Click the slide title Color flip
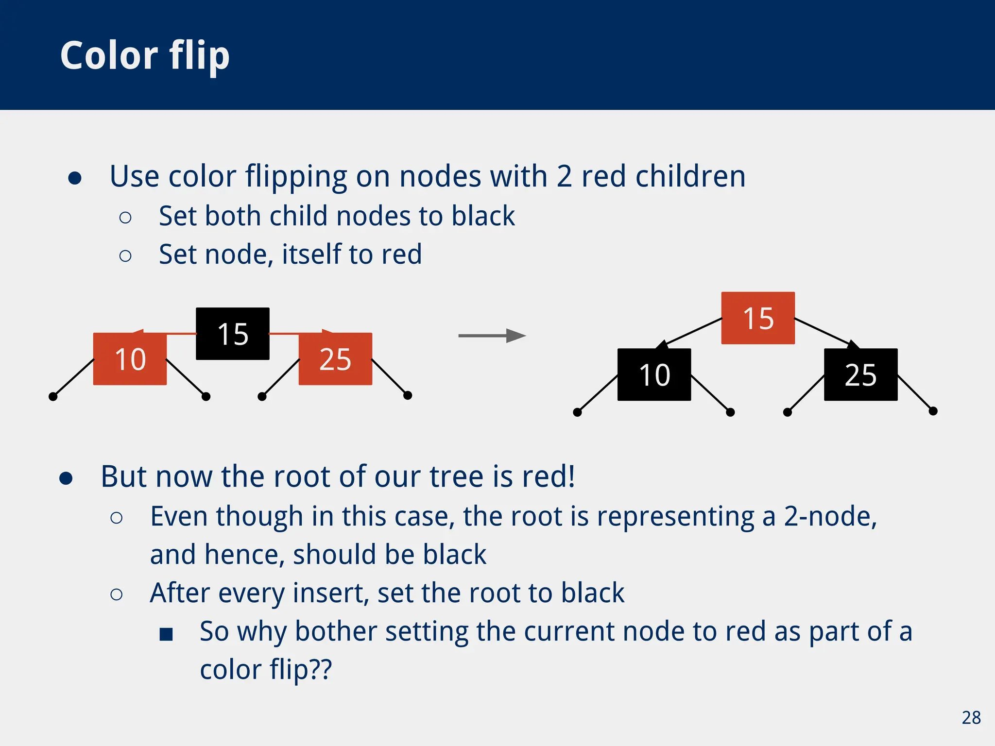145,56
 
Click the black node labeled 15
232,334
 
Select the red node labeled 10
130,359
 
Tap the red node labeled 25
335,359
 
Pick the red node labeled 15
758,318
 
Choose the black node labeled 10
654,374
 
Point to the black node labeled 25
860,374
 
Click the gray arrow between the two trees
492,336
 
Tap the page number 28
971,718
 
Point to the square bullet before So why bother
166,634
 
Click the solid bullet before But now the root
66,478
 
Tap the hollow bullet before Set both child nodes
125,218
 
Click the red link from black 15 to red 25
296,334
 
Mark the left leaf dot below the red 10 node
53,397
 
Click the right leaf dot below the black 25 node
933,411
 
